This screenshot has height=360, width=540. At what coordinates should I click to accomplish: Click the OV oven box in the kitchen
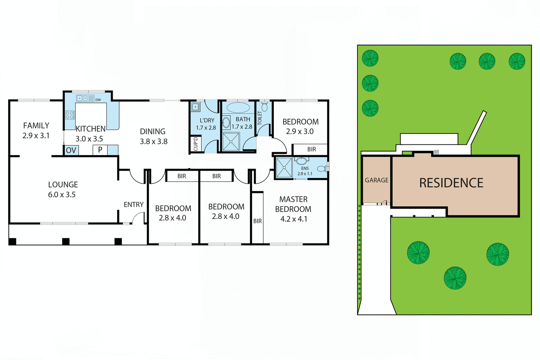coord(71,150)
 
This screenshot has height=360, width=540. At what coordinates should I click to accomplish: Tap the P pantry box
coord(100,150)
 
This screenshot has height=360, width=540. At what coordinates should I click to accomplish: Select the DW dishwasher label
coord(98,100)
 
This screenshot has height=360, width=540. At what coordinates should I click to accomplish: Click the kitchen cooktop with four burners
coord(70,115)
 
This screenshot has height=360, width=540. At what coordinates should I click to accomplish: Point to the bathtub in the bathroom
coord(238,108)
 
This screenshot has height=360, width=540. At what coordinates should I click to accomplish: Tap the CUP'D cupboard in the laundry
coord(195,144)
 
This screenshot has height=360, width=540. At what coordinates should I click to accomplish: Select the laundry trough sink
coord(195,107)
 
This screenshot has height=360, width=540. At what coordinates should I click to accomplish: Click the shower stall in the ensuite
coord(284,167)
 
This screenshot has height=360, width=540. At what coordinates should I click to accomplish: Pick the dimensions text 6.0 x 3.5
coord(62,195)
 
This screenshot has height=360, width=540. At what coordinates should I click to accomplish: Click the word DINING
coord(153,132)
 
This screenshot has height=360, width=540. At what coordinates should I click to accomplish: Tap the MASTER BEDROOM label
coord(293,204)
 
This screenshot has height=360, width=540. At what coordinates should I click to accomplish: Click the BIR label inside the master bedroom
coord(258,221)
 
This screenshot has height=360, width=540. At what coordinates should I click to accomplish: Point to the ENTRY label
coord(134,204)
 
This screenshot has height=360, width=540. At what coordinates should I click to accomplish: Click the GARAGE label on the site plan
coord(377,180)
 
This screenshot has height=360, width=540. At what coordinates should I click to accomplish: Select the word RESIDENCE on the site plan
coord(451,183)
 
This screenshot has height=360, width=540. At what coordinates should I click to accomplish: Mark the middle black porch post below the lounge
coord(66,241)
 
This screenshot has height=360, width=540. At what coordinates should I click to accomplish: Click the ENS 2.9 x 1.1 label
coord(305,171)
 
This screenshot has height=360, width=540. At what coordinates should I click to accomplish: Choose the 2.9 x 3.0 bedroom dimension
coord(300,132)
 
